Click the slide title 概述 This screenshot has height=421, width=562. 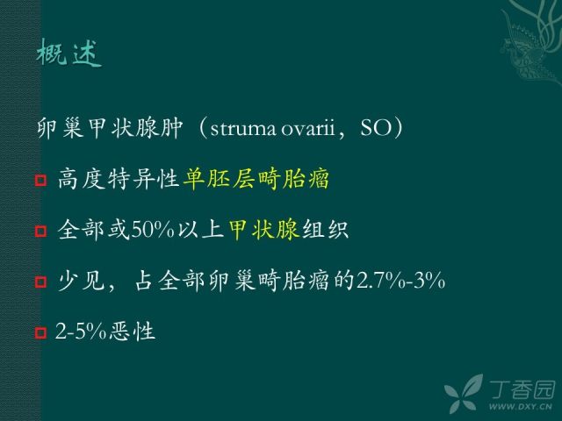coord(69,53)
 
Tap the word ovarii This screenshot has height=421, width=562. coord(308,128)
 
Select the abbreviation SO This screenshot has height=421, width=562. coord(376,128)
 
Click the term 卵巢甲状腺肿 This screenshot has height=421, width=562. coord(110,128)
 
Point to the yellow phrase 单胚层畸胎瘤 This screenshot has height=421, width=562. coord(256,179)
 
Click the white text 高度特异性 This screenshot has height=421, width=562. coord(119,179)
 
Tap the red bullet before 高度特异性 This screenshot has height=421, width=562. coord(41,180)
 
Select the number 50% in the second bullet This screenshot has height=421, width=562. coord(153,230)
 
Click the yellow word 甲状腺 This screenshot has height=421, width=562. coord(264,230)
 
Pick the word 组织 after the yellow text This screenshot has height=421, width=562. coord(326,230)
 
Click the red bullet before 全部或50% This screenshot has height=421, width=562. coord(41,231)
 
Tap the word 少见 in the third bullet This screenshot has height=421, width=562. coord(81,281)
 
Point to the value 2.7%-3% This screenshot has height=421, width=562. coord(400,281)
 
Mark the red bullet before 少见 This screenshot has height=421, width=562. coord(41,282)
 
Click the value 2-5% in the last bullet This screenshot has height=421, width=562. coord(81,332)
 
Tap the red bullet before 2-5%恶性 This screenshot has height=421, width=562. coord(41,333)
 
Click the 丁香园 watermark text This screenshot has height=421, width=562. coord(522,389)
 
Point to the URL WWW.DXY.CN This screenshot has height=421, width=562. coord(521,406)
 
